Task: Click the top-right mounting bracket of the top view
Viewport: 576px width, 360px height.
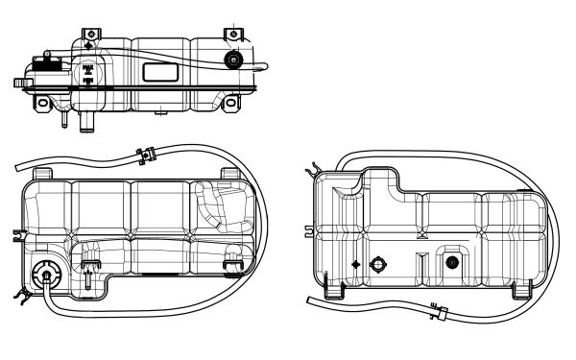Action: click(232, 35)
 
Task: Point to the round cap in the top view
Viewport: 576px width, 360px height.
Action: click(231, 60)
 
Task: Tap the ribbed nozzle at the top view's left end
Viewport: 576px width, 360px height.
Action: click(19, 84)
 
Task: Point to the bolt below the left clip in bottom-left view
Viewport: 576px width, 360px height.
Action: click(88, 281)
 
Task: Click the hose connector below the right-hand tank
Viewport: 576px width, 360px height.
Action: click(439, 311)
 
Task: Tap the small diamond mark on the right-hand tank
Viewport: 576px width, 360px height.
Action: click(356, 263)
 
